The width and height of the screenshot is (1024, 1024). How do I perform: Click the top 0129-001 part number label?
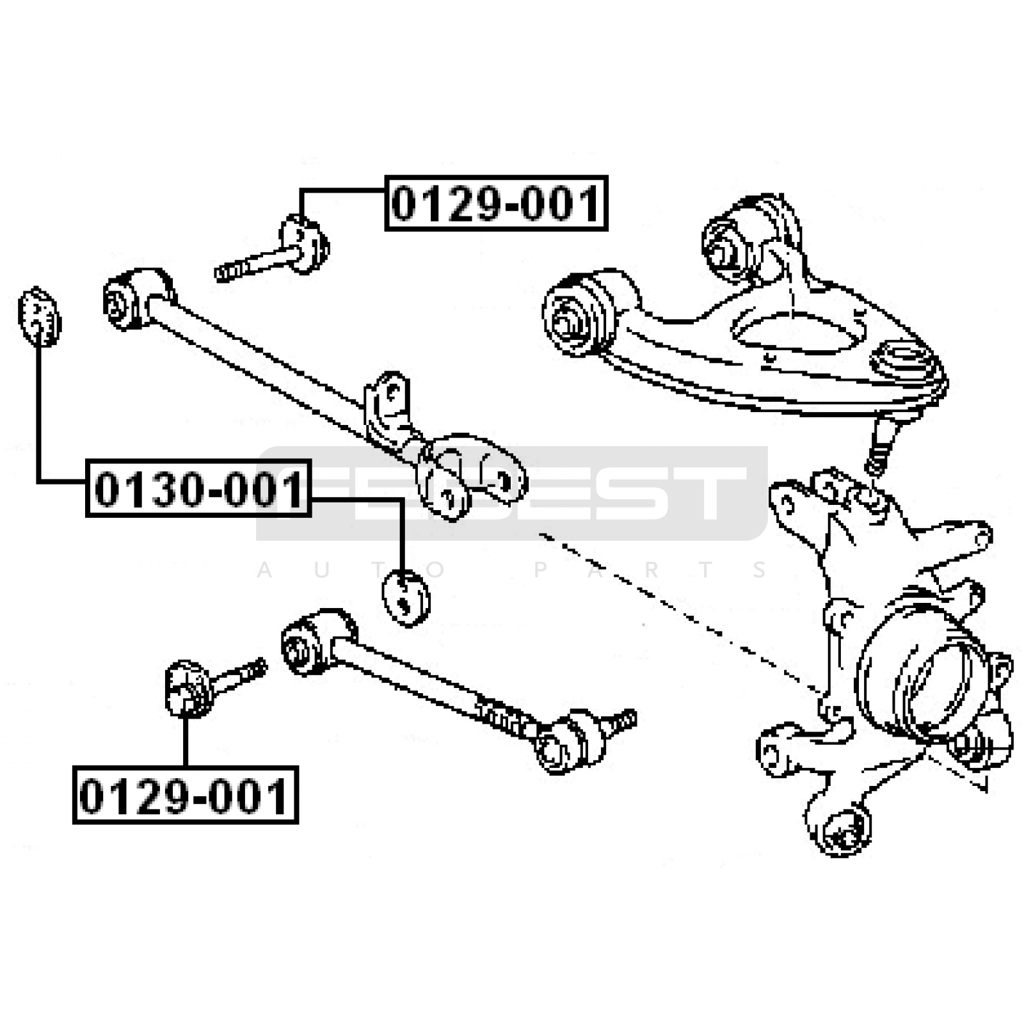click(x=496, y=203)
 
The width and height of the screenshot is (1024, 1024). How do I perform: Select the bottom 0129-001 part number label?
click(x=186, y=795)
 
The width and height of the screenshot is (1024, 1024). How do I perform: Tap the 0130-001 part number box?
click(x=198, y=488)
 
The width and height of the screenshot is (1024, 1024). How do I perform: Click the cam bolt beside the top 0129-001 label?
click(x=273, y=252)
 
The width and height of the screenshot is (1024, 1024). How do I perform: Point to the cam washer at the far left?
click(x=40, y=316)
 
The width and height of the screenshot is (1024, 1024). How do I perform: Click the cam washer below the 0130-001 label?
click(x=406, y=598)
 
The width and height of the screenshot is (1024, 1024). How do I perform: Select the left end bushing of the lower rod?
click(x=317, y=642)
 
